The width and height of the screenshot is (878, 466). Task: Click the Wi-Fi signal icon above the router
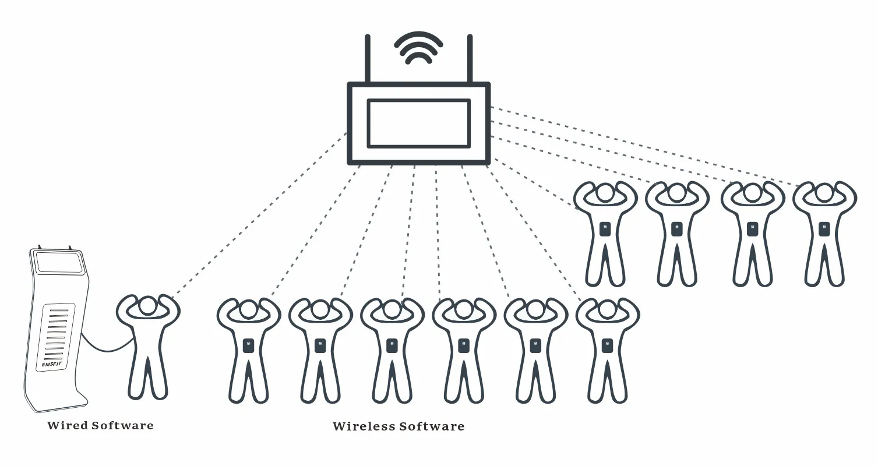pyautogui.click(x=418, y=48)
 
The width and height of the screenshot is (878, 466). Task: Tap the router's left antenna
pyautogui.click(x=368, y=58)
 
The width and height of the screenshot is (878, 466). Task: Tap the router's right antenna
pyautogui.click(x=470, y=58)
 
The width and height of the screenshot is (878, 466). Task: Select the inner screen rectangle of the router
pyautogui.click(x=418, y=123)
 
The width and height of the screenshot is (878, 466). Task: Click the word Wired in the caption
pyautogui.click(x=68, y=425)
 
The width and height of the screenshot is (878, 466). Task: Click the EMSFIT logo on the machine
pyautogui.click(x=51, y=365)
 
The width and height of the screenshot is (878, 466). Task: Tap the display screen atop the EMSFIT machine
pyautogui.click(x=59, y=263)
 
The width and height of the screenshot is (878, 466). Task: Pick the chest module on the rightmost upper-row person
pyautogui.click(x=824, y=229)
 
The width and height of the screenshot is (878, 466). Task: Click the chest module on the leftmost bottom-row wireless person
pyautogui.click(x=248, y=345)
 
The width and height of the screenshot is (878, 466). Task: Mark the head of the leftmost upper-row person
pyautogui.click(x=605, y=193)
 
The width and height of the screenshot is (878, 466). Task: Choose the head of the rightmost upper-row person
pyautogui.click(x=824, y=193)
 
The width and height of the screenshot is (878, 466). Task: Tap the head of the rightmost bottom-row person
pyautogui.click(x=607, y=309)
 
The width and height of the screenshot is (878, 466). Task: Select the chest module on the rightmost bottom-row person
pyautogui.click(x=607, y=345)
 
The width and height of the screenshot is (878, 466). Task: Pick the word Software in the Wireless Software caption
pyautogui.click(x=432, y=426)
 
